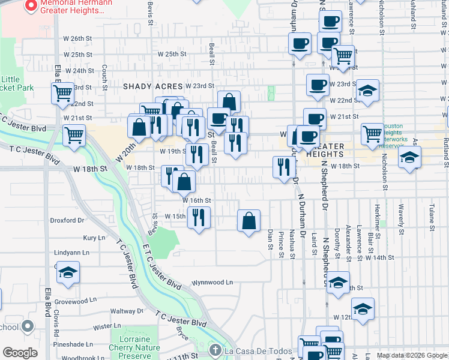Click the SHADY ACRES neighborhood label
[x=152, y=86]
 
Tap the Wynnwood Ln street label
[x=211, y=282]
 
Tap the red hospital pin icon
[x=31, y=7]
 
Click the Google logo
[x=20, y=353]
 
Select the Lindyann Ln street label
[x=71, y=253]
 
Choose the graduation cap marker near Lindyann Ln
[x=68, y=272]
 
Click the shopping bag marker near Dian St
[x=249, y=221]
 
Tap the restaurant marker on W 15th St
[x=199, y=217]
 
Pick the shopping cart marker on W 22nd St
[x=62, y=93]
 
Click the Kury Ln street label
[x=94, y=238]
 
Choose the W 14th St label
[x=379, y=257]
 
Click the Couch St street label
[x=104, y=77]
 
